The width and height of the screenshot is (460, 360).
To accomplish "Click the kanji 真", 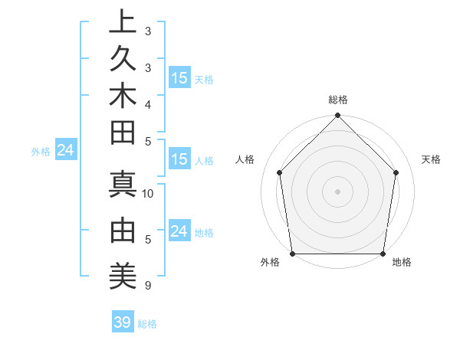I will (x=123, y=185).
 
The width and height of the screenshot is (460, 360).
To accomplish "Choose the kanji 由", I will (x=123, y=230).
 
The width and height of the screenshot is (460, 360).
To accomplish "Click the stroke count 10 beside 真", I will (x=149, y=194).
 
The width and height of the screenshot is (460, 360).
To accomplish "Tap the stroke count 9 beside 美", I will (x=147, y=286).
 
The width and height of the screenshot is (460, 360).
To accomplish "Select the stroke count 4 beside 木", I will (x=147, y=104).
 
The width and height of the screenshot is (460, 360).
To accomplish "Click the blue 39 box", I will (x=122, y=322).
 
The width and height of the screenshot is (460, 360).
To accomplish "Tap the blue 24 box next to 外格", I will (x=65, y=151).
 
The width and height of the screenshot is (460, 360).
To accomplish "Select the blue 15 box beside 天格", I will (x=179, y=78).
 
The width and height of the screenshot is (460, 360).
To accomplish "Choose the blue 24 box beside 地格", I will (x=179, y=231).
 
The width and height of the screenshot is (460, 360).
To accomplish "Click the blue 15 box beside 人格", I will (x=179, y=159).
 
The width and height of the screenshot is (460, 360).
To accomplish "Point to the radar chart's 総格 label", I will (x=338, y=100).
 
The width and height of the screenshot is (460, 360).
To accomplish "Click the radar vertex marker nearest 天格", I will (x=396, y=172).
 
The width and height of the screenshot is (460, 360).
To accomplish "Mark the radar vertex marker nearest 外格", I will (x=292, y=254).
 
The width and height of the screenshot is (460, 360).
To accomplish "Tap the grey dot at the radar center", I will (x=338, y=191).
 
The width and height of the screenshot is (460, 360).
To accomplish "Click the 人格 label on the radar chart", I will (x=245, y=159).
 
